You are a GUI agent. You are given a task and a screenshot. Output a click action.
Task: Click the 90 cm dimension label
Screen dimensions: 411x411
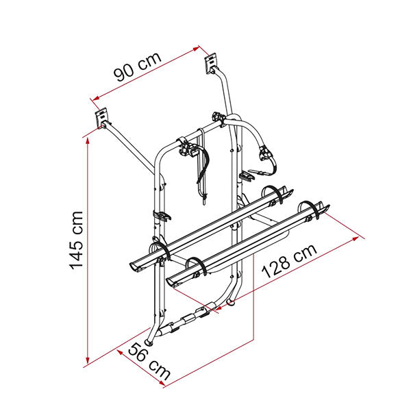138,66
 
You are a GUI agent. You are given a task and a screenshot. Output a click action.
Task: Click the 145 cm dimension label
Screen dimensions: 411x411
76,240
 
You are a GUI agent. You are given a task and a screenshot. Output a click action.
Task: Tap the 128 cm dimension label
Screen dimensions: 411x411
289,261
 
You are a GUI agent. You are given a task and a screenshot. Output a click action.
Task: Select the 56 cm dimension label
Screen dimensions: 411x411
149,362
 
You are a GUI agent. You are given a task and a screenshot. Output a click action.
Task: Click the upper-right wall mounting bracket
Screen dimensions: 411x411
211,63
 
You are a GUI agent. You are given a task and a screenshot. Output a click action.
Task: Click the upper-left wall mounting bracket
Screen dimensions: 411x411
101,119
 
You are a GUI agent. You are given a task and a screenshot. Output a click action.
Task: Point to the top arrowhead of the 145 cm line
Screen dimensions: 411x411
88,140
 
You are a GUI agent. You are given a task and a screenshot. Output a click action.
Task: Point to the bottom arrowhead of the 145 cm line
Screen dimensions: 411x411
88,360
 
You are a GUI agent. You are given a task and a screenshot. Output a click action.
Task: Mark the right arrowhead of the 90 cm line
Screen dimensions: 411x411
196,49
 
